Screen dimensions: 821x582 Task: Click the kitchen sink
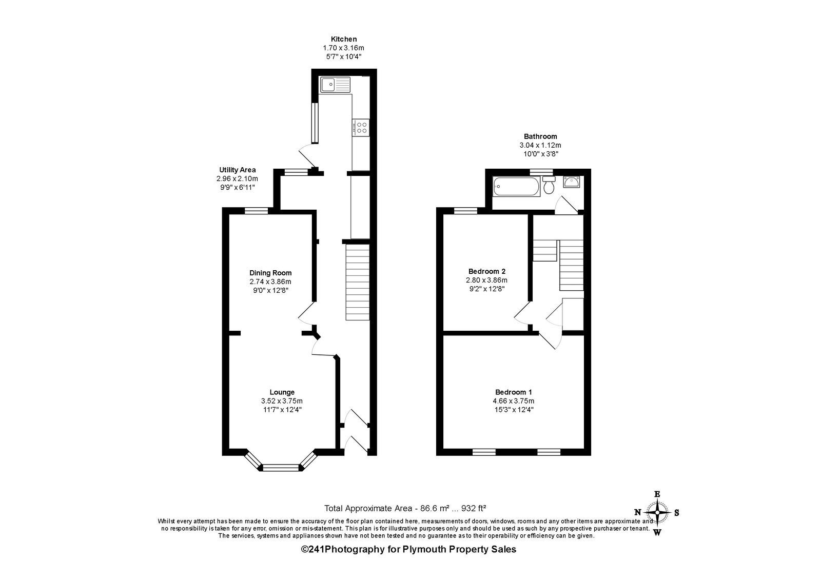[335, 85]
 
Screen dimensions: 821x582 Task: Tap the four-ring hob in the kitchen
[361, 128]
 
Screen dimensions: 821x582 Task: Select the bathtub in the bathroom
[516, 187]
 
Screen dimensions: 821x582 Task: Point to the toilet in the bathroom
[549, 185]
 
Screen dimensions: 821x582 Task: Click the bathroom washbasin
[572, 182]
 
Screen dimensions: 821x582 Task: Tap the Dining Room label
[270, 273]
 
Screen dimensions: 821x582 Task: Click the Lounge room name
[282, 392]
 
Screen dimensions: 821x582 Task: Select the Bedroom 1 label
[514, 392]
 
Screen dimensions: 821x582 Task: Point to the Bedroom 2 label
[487, 271]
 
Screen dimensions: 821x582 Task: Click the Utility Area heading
[238, 170]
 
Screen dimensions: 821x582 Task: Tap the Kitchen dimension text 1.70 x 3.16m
[343, 48]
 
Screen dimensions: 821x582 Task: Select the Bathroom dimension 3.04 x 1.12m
[540, 146]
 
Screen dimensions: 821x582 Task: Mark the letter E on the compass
[657, 494]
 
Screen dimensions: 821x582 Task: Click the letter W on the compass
[657, 533]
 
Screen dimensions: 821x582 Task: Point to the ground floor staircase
[357, 282]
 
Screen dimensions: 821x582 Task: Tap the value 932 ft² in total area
[474, 508]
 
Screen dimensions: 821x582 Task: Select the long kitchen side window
[315, 123]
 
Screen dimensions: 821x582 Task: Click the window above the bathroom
[541, 172]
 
